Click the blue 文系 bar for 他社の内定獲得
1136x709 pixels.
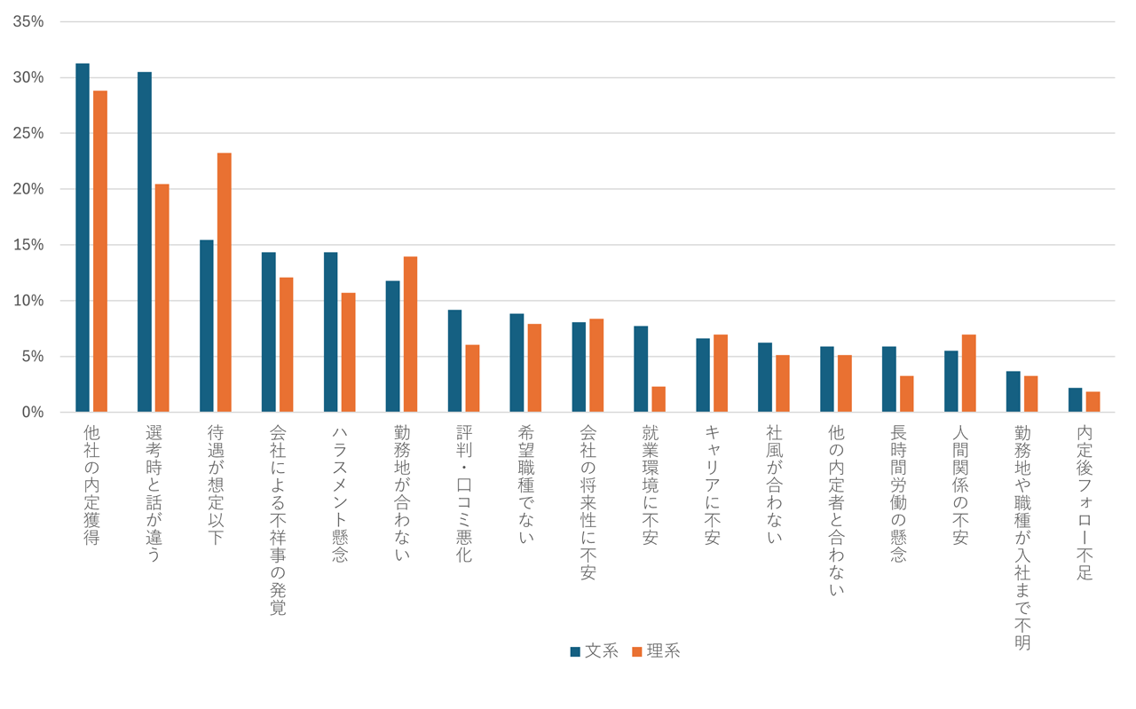[83, 238]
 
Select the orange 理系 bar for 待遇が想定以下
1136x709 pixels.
[225, 282]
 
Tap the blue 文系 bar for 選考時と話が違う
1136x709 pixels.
[145, 241]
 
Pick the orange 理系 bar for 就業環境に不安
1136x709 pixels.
[659, 399]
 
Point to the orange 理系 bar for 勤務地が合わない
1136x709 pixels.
[410, 335]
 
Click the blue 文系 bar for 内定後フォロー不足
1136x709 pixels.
[1075, 400]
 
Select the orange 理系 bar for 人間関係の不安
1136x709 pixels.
[968, 374]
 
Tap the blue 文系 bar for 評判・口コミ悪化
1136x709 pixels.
[454, 361]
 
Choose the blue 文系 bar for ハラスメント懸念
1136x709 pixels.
[330, 333]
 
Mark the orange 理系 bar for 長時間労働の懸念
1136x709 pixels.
[906, 394]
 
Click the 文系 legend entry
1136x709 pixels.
[595, 651]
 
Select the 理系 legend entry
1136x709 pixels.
[657, 651]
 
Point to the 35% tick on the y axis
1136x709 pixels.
[28, 21]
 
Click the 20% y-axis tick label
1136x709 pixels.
[28, 189]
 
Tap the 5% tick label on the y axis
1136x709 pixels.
[32, 357]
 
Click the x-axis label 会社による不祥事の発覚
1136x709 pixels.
[277, 519]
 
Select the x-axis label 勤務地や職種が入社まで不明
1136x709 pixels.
[1022, 537]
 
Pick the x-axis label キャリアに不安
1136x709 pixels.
[712, 484]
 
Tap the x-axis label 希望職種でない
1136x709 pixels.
[525, 484]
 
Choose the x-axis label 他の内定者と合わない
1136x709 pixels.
[836, 510]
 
